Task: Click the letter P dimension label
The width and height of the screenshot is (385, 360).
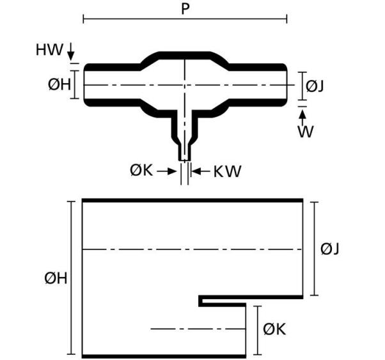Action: point(185,9)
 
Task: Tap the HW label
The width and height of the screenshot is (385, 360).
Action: point(49,50)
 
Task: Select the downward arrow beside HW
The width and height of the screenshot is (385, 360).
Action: point(71,52)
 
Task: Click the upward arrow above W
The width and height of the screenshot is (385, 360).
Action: point(302,118)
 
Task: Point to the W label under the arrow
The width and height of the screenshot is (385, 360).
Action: point(306,132)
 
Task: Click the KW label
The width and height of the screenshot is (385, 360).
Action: point(228,171)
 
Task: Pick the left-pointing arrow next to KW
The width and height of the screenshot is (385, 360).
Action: point(201,171)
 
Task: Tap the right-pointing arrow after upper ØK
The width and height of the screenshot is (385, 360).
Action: point(167,171)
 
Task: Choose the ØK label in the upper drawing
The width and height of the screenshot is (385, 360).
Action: point(141,171)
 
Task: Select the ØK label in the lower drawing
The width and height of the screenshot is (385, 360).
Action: point(274,329)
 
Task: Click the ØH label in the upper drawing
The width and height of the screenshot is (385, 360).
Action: point(59,84)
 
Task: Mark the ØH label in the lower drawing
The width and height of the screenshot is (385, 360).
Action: point(56,279)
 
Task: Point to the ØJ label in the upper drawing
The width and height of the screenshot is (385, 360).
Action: point(315,86)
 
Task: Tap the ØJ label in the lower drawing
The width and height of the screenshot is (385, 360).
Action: point(330,249)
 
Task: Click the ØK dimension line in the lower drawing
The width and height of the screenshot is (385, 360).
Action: point(257,331)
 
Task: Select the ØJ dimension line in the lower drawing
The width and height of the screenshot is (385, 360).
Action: point(314,249)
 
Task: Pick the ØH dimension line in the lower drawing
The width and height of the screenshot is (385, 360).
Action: point(72,278)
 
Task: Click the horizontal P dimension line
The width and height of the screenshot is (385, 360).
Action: point(185,19)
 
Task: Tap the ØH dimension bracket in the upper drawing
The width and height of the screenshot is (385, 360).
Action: point(75,84)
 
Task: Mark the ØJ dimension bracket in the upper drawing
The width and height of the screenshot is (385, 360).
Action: point(302,86)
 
